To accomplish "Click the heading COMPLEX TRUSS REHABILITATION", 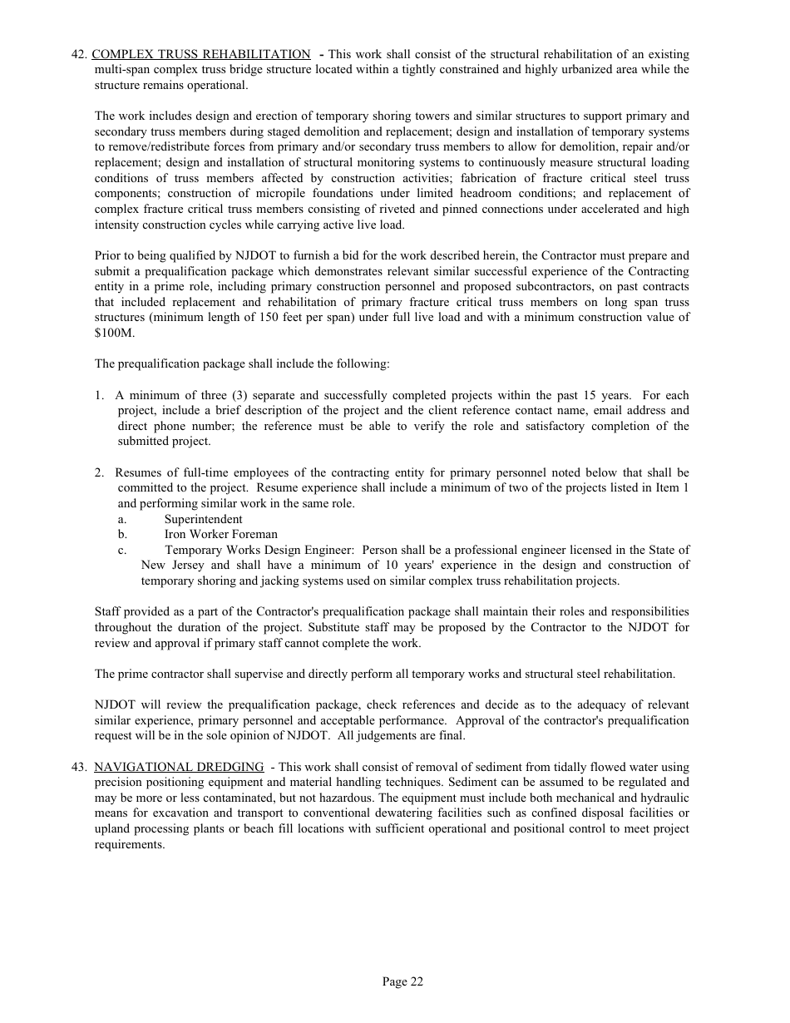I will [x=200, y=54].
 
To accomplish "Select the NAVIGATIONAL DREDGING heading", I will [x=179, y=767].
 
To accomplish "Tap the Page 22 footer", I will [x=402, y=981].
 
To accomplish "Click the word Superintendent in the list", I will [x=203, y=519].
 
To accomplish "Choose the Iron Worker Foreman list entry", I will [x=220, y=535].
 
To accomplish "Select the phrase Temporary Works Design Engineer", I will [x=260, y=550].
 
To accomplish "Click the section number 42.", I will [x=79, y=54].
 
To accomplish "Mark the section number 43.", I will [x=79, y=767].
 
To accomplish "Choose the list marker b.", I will [x=122, y=535].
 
